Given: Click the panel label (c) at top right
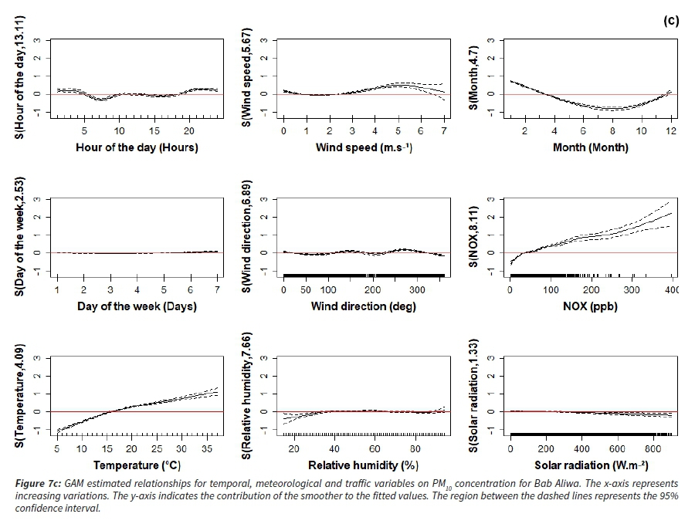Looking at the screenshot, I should pos(671,22).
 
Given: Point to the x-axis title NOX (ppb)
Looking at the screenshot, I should pos(590,306).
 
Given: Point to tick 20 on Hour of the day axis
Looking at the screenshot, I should pos(189,131).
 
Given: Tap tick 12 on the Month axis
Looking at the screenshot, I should pos(671,131).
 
